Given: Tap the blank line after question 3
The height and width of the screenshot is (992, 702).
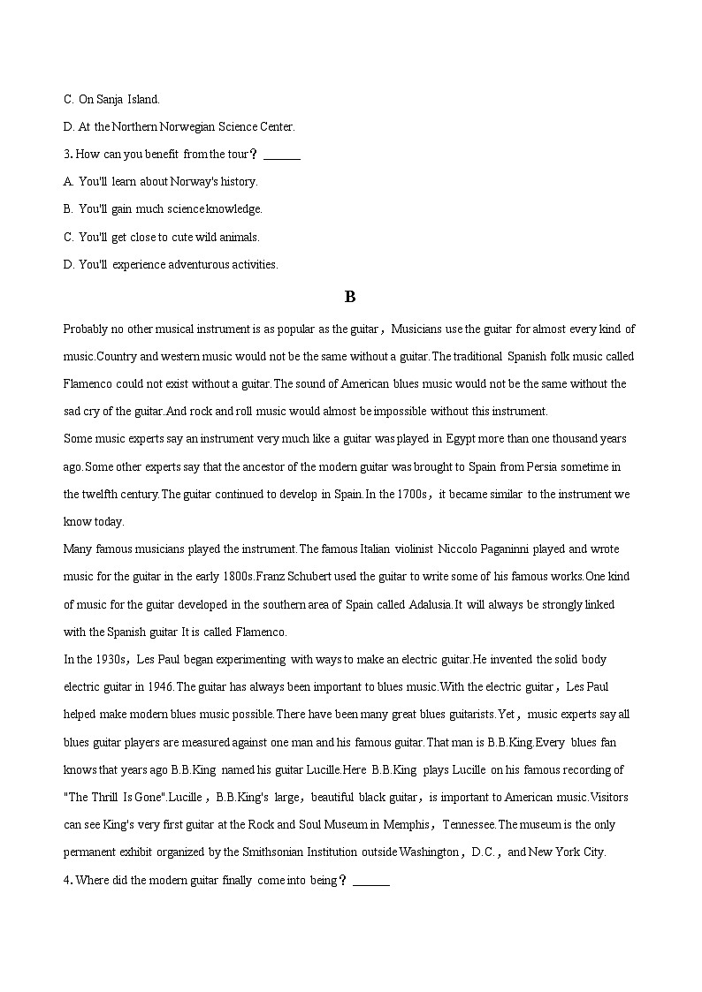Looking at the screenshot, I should tap(282, 155).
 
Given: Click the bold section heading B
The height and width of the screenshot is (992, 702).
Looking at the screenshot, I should tap(350, 297).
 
